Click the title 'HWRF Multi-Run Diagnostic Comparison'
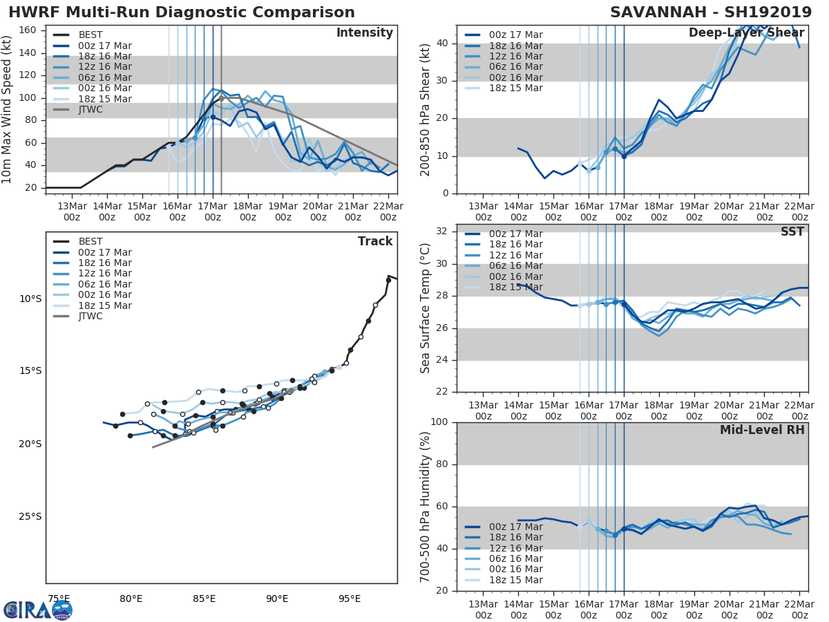(182, 12)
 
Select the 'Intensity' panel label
(364, 33)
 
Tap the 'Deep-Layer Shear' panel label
(746, 33)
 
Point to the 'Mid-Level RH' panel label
(762, 430)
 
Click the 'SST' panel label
(793, 232)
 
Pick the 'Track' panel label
(375, 241)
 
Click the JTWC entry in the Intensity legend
(90, 109)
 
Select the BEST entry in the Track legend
(90, 241)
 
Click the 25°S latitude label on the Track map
(30, 516)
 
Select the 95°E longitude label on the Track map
(350, 599)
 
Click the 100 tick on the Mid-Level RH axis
(439, 422)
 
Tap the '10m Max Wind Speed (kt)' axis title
(8, 109)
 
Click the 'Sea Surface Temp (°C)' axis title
(426, 308)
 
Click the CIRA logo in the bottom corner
(37, 610)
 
